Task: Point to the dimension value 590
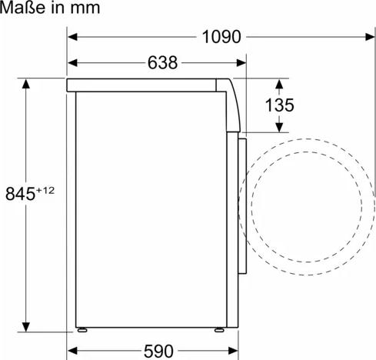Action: tap(159, 351)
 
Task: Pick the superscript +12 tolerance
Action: tap(46, 190)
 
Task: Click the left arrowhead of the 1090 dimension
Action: tap(72, 35)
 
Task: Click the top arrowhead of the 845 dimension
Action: tap(27, 82)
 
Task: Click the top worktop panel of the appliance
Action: tap(146, 85)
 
